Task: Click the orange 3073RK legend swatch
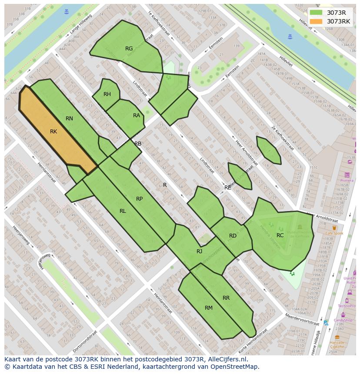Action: point(316,21)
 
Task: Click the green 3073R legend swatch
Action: point(316,13)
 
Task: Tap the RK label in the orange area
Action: point(53,132)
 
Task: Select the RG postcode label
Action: point(129,49)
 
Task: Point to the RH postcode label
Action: point(107,94)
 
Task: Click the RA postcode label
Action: point(137,116)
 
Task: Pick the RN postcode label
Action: point(69,119)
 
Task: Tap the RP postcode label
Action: point(139,199)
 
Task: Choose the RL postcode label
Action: point(123,211)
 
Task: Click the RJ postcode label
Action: point(199,252)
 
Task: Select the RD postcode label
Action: point(233,236)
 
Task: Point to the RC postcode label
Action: point(280,235)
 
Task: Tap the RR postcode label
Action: point(226,298)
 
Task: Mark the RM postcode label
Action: point(209,308)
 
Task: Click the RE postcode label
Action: point(228,188)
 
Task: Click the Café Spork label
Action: point(334,233)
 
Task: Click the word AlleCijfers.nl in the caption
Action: point(228,359)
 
